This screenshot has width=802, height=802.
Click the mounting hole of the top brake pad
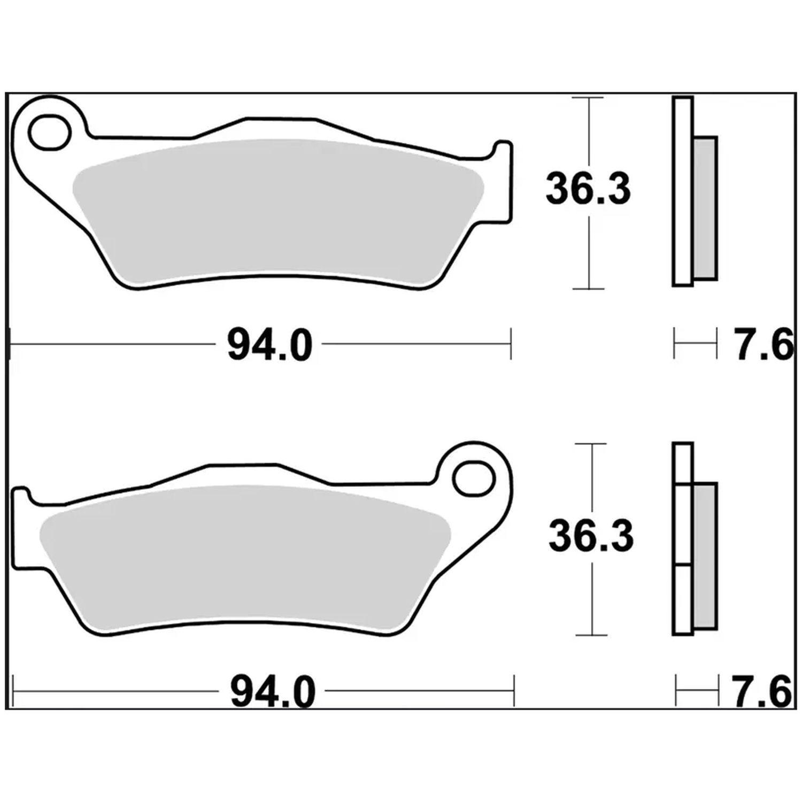coord(50,131)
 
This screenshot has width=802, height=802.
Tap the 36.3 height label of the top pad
coord(588,189)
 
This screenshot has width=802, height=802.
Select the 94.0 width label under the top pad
coord(269,346)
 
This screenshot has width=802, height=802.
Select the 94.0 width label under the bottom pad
coord(273,692)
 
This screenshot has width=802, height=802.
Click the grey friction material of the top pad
coord(278,211)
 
